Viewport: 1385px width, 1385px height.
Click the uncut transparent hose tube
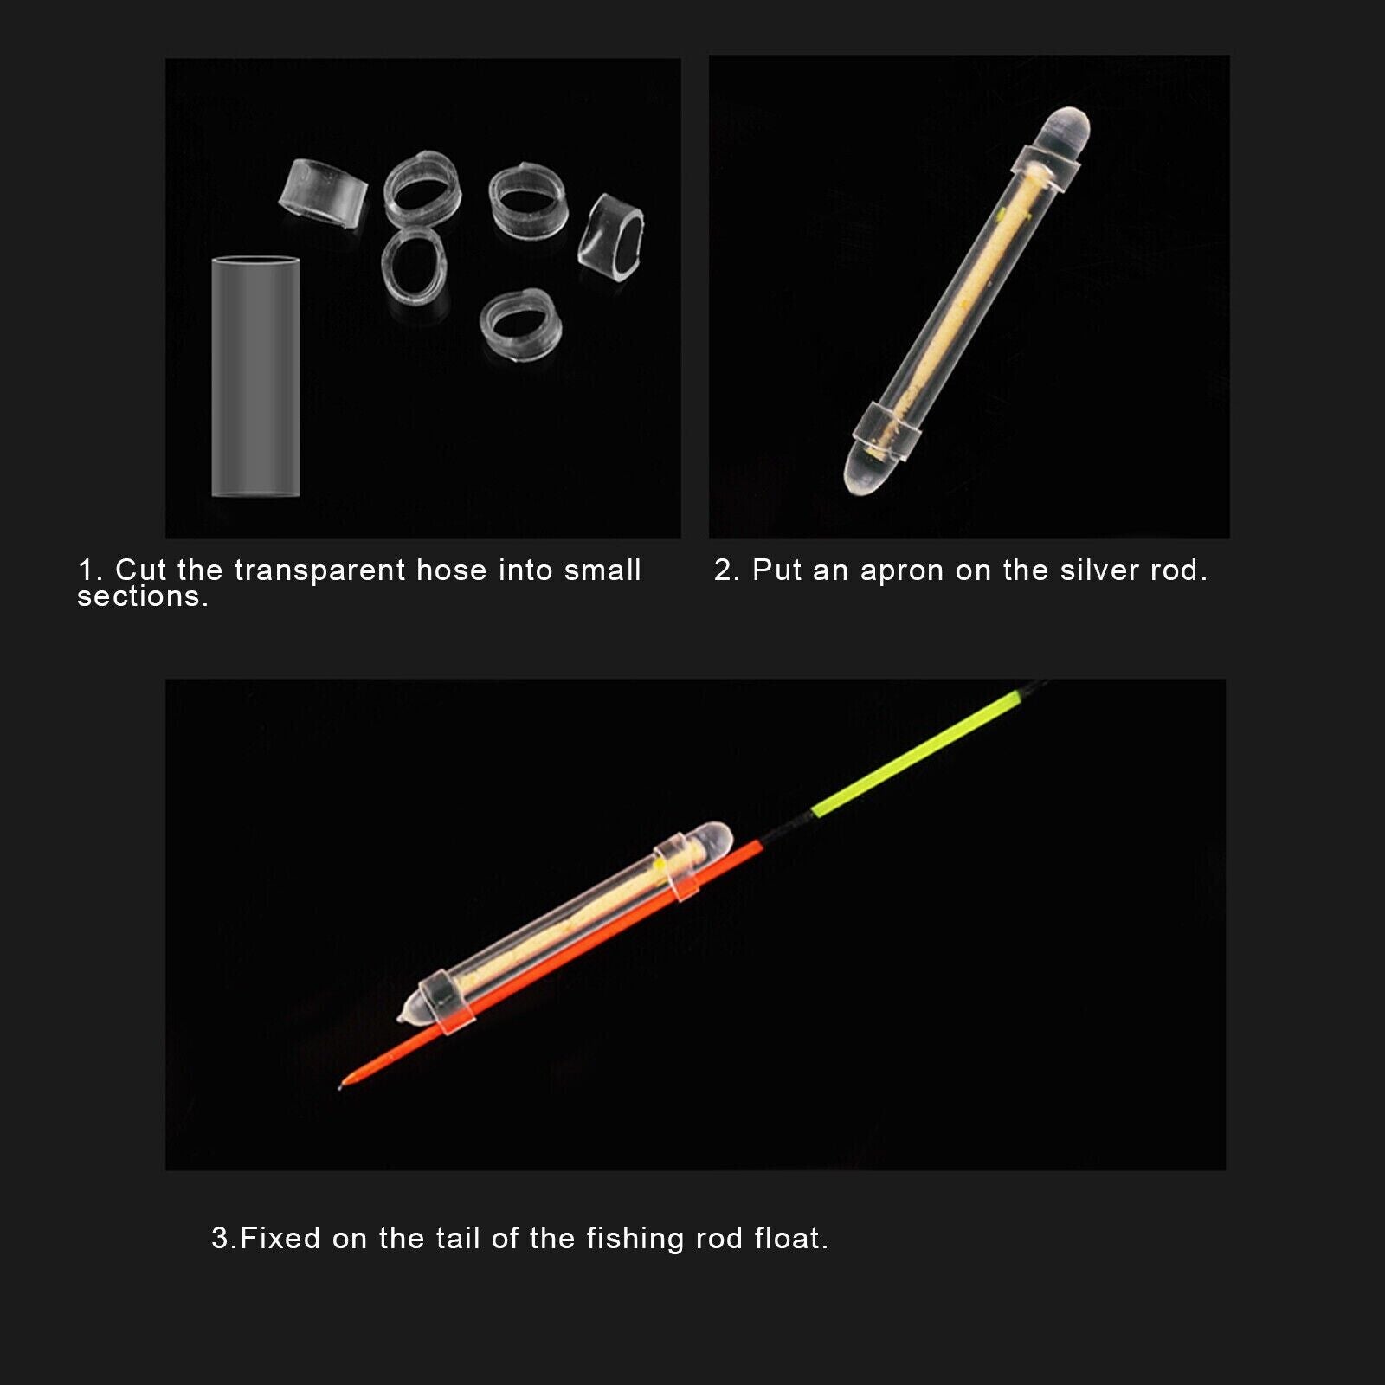(x=255, y=377)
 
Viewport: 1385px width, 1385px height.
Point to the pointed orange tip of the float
(x=339, y=1087)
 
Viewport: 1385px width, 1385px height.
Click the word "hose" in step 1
(x=452, y=570)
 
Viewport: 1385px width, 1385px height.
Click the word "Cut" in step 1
(x=141, y=570)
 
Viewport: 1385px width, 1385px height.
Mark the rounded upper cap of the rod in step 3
(x=710, y=838)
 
